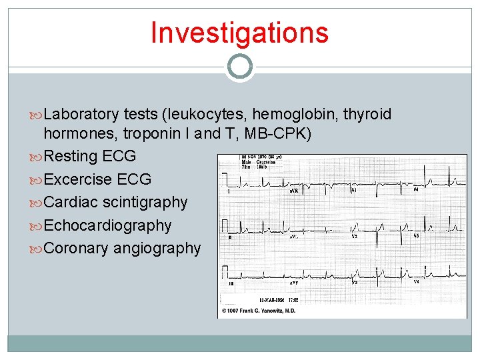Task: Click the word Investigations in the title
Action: point(239,33)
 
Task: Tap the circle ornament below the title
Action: point(239,66)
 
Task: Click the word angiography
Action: point(157,248)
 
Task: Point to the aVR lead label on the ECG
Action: point(294,191)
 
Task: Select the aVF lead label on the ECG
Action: point(294,283)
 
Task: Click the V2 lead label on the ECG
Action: point(355,236)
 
